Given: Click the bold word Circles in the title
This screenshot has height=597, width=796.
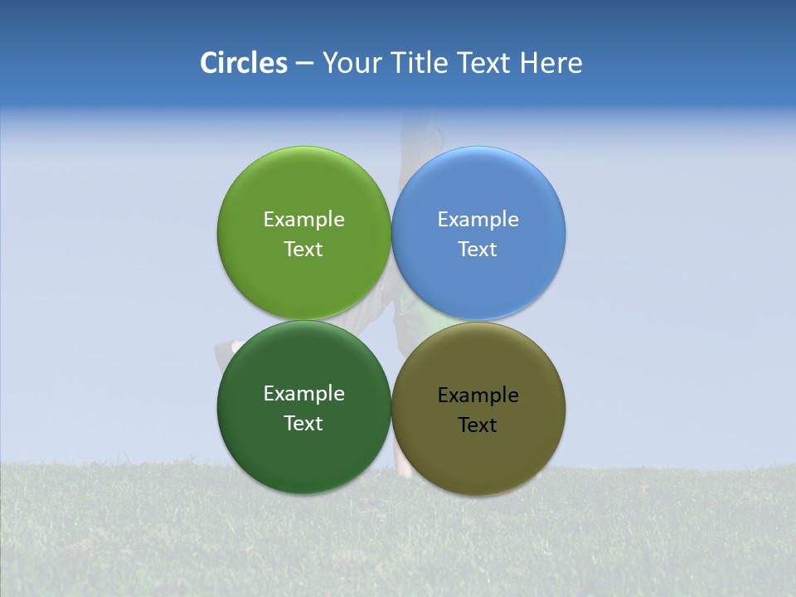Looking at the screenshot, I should (243, 63).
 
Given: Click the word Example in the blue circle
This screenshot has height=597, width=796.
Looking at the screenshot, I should (478, 220).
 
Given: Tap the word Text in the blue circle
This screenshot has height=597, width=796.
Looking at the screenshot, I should (478, 250).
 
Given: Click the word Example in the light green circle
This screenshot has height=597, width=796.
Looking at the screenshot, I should (303, 220).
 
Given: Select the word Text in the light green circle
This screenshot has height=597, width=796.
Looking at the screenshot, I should (303, 250).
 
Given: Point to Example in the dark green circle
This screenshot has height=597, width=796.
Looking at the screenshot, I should (303, 394).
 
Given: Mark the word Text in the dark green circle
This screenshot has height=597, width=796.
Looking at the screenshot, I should (303, 424).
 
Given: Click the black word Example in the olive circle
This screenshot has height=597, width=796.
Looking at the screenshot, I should (478, 396).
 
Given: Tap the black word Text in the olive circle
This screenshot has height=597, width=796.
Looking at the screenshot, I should (478, 425).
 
